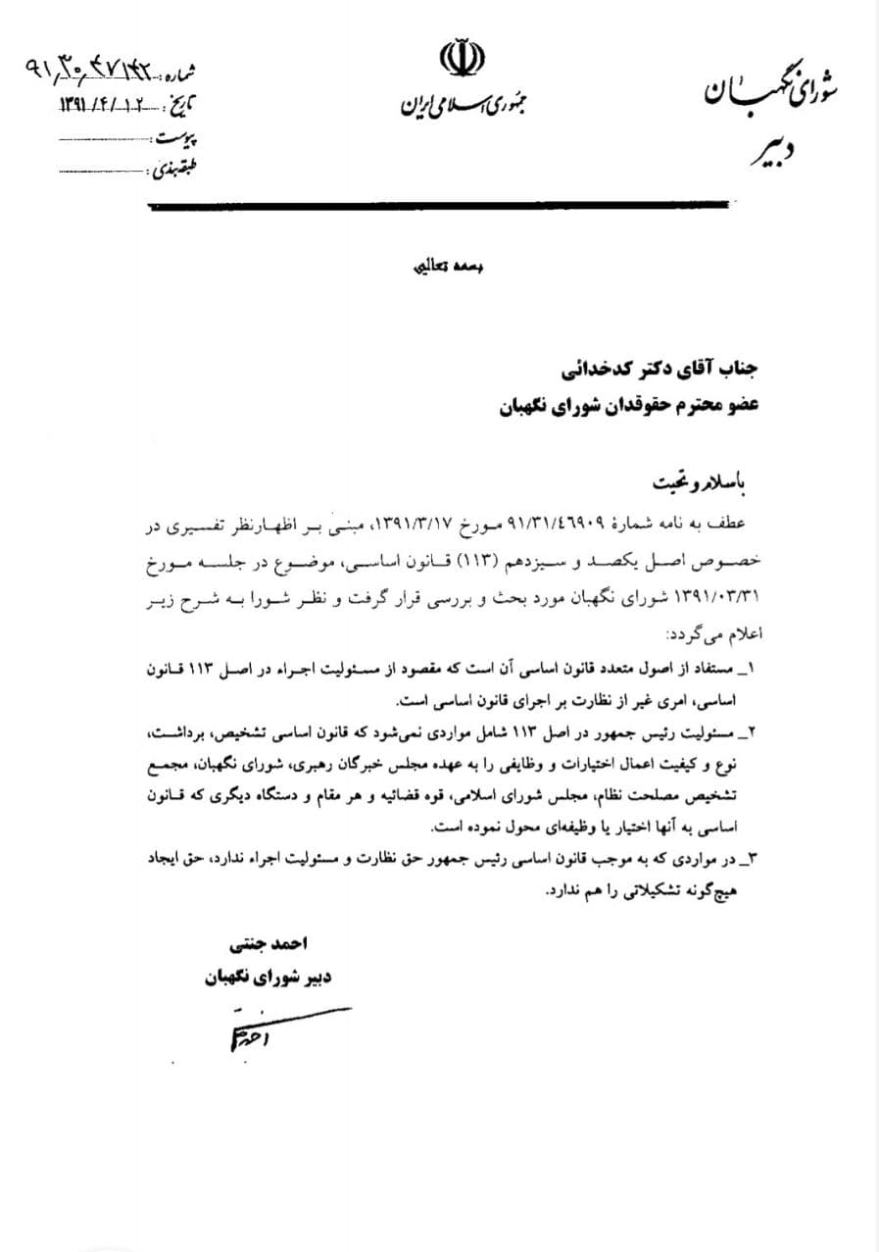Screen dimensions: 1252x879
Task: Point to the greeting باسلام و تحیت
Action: point(704,483)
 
